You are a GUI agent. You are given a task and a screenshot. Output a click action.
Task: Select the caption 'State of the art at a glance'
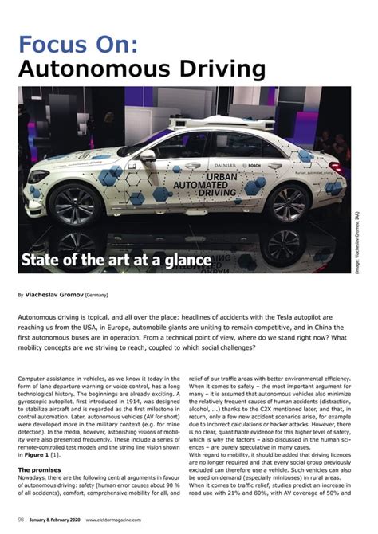point(116,261)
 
